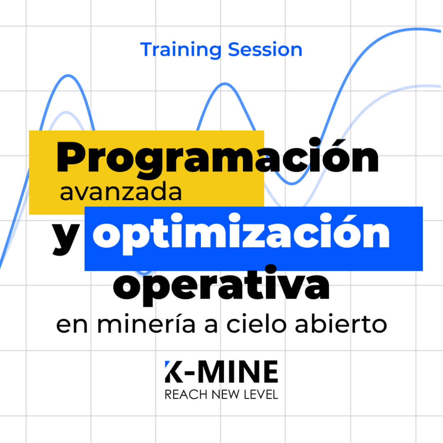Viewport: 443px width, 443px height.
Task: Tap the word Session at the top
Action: (265, 50)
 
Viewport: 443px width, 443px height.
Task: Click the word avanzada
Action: (121, 193)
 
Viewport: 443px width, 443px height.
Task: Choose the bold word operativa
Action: (221, 285)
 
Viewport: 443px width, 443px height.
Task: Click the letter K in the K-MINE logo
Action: (172, 372)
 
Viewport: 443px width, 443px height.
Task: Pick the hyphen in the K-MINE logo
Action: (189, 374)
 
